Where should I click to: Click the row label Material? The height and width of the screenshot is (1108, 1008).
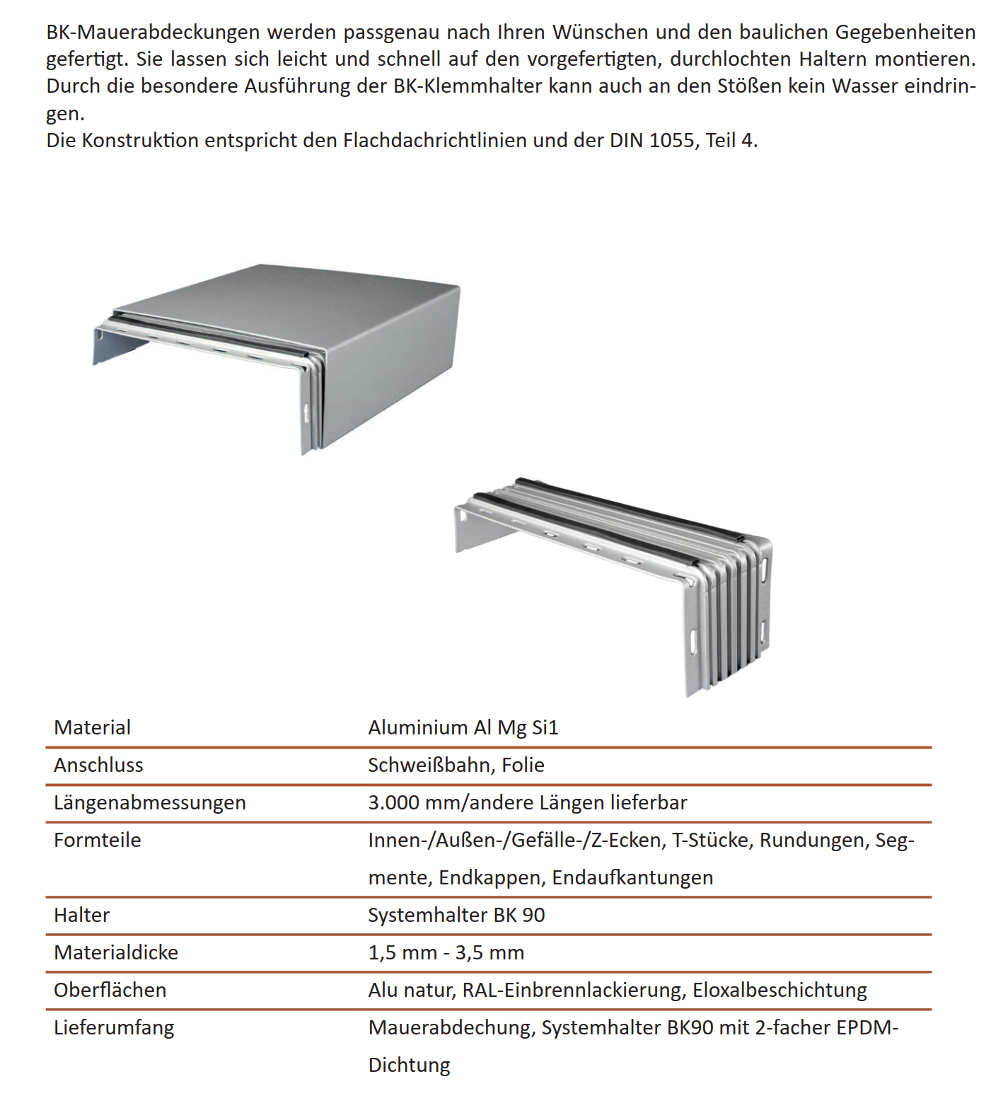(x=92, y=727)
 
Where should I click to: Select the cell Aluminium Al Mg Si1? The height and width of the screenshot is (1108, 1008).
(x=463, y=727)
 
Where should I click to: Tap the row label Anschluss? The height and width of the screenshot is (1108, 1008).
(x=98, y=765)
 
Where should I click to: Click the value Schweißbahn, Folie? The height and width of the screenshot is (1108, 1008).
(x=456, y=765)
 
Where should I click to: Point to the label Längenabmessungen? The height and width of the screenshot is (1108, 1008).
(x=149, y=802)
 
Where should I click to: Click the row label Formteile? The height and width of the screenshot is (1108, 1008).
(x=97, y=840)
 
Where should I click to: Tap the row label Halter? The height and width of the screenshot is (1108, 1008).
(x=81, y=915)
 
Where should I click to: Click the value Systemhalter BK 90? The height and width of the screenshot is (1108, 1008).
(x=456, y=915)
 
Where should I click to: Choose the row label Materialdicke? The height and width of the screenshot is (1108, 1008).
(x=115, y=952)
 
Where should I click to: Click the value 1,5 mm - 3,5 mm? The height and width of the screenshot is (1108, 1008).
(x=446, y=952)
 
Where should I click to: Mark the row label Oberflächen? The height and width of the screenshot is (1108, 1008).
(x=110, y=990)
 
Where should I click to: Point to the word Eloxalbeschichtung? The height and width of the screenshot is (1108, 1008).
(x=779, y=990)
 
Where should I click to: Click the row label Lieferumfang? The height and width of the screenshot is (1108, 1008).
(x=113, y=1027)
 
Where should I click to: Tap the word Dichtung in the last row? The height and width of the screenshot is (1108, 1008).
(x=409, y=1065)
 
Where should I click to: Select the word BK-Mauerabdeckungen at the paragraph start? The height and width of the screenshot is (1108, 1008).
(x=153, y=33)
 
